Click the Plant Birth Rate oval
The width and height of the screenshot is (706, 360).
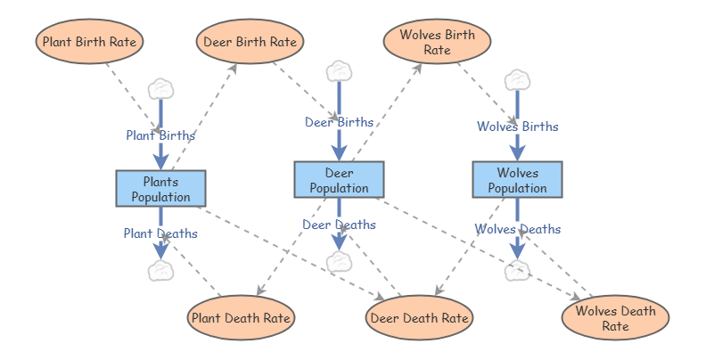click(89, 41)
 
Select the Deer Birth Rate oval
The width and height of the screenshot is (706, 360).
click(250, 41)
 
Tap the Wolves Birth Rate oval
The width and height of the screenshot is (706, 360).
click(437, 41)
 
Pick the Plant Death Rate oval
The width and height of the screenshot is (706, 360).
click(241, 318)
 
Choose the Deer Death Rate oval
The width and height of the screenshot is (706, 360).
click(419, 318)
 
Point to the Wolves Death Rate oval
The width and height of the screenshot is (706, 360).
click(615, 318)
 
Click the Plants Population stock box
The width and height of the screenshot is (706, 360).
click(160, 189)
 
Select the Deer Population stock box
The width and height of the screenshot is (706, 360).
click(339, 179)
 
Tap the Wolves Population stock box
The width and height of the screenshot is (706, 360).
click(517, 179)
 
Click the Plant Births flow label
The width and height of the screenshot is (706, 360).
click(160, 135)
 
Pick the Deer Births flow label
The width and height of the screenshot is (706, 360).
click(339, 122)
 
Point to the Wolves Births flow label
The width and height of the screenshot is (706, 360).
click(517, 127)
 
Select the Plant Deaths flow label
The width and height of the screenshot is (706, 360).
click(160, 233)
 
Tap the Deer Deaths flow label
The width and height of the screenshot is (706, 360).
click(339, 225)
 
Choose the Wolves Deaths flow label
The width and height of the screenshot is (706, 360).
click(517, 229)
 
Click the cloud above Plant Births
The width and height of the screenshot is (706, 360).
click(160, 88)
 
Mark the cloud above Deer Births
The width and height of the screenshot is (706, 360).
click(339, 71)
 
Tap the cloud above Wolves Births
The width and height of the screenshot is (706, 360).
click(517, 80)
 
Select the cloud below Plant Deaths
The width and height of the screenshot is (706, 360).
click(160, 271)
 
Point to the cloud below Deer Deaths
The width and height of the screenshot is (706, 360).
click(339, 262)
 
